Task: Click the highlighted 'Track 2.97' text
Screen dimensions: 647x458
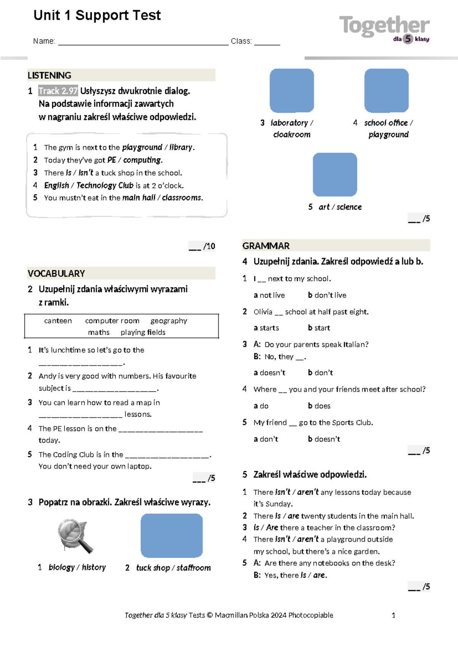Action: (58, 91)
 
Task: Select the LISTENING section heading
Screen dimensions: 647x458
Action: (50, 75)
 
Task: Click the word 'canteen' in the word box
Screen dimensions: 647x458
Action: (58, 321)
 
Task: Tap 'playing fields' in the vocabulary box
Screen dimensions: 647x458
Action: (143, 332)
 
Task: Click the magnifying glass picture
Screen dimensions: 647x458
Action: (75, 536)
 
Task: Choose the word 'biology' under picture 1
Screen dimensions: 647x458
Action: (61, 567)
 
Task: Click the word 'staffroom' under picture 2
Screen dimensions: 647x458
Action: (194, 568)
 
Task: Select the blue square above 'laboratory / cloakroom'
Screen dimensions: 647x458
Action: (292, 90)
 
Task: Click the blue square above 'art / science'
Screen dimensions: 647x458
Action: (335, 174)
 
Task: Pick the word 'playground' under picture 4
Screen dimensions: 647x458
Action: (389, 134)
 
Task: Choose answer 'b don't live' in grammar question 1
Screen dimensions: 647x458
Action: (327, 295)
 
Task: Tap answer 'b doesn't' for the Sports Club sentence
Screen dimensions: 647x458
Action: (324, 439)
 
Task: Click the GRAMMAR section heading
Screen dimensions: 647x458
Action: (266, 246)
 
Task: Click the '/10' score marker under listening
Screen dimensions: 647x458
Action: (209, 246)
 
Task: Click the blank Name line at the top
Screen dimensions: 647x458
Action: (143, 42)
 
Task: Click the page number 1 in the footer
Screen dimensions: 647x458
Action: (393, 615)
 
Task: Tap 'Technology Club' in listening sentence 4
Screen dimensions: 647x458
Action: (105, 185)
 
